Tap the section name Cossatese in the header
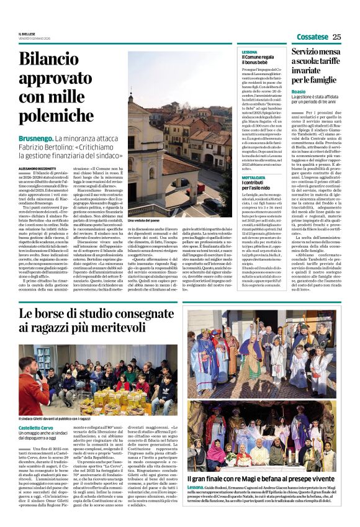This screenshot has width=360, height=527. tap(312, 37)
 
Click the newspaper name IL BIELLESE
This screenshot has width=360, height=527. tap(27, 35)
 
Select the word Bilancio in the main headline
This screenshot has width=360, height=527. tap(49, 59)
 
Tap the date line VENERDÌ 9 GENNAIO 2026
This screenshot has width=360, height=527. tap(35, 39)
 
